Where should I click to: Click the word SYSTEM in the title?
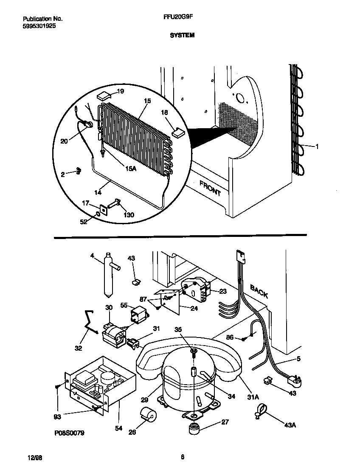[x=182, y=36]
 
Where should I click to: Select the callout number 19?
[x=121, y=91]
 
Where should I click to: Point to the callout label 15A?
[x=130, y=169]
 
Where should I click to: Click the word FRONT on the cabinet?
[x=210, y=187]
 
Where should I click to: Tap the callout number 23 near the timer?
[x=223, y=291]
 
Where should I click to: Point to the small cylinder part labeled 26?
[x=147, y=414]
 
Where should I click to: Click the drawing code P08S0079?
[x=69, y=433]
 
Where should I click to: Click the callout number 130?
[x=128, y=215]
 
